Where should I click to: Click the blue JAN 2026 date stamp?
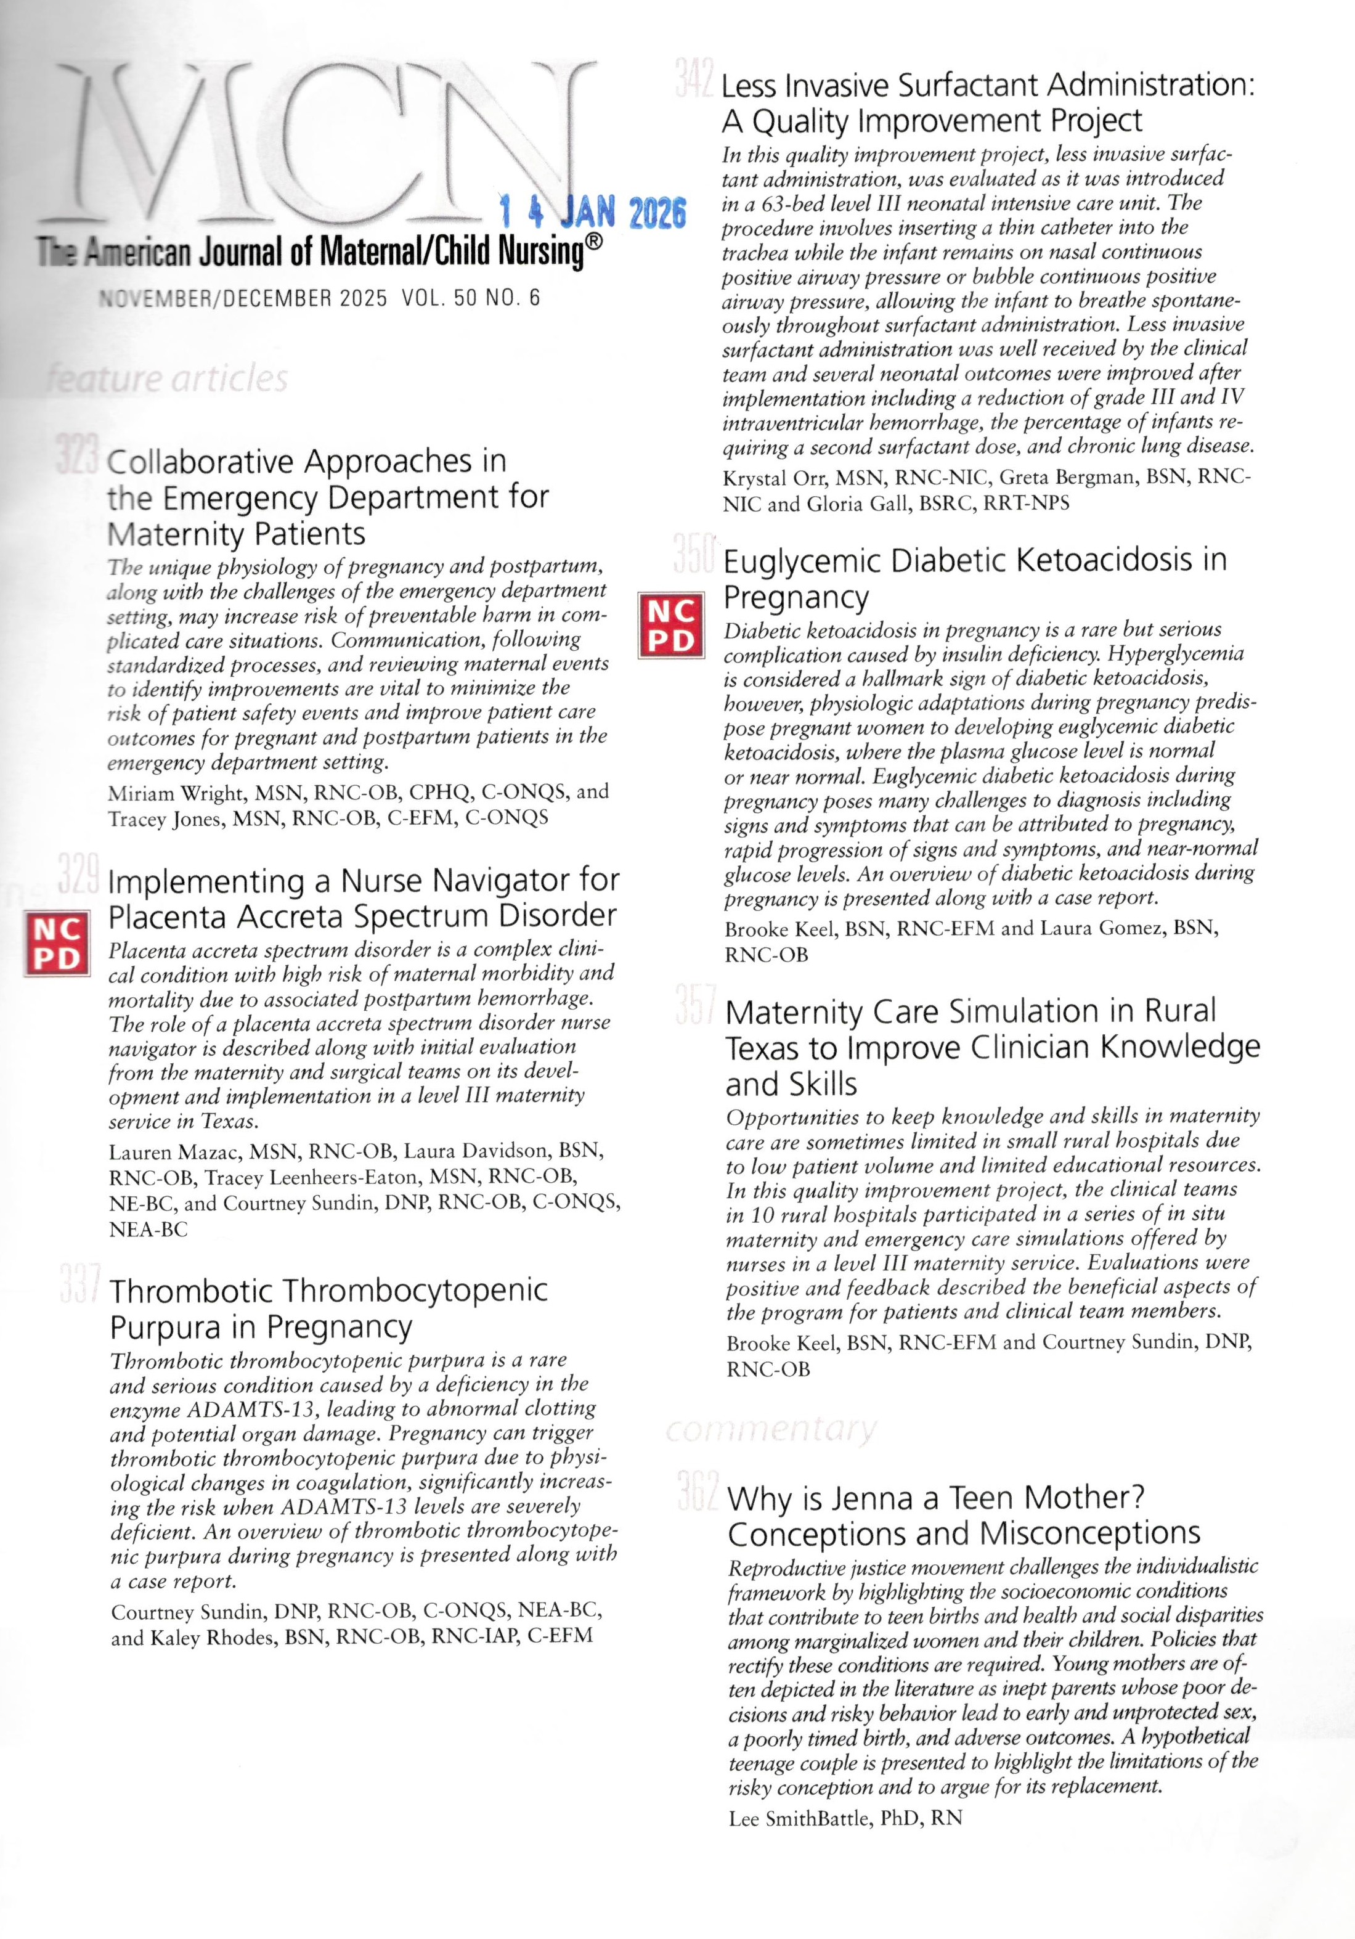click(591, 211)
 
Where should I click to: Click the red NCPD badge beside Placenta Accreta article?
click(55, 944)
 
